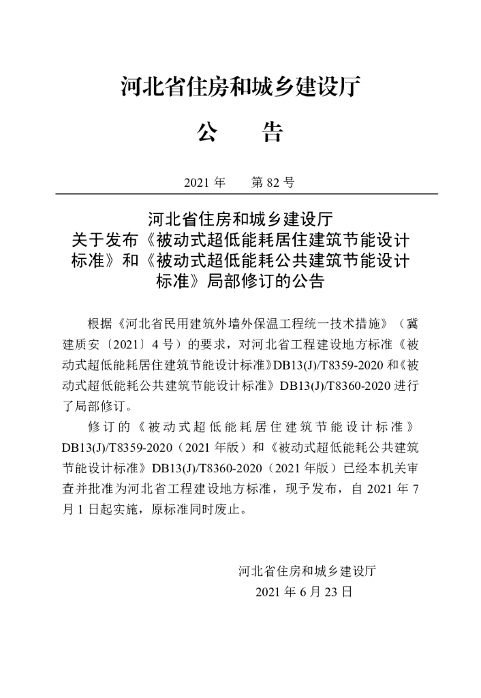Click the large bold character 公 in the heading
[x=206, y=132]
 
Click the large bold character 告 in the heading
[x=272, y=132]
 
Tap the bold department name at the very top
[x=240, y=87]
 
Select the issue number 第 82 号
[x=273, y=183]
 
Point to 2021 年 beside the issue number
[x=204, y=183]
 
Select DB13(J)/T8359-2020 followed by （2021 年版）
[x=112, y=448]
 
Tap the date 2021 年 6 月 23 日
[x=304, y=592]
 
